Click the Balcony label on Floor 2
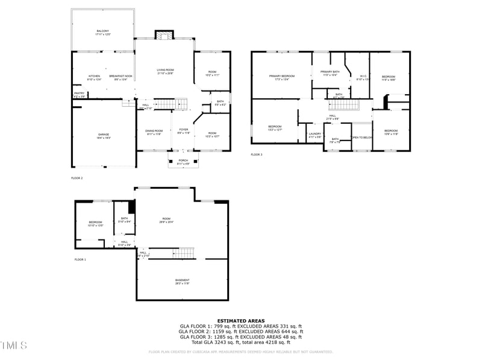point(102,32)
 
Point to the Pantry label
point(79,94)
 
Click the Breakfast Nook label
point(120,76)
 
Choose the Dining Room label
point(154,131)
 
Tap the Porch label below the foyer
point(183,161)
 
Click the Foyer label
point(183,131)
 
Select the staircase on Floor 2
point(164,105)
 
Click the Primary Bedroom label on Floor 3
point(281,77)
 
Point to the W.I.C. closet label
point(362,77)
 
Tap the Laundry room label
point(315,135)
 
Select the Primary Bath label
point(330,72)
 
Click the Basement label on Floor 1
point(182,281)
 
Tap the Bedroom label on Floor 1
point(95,223)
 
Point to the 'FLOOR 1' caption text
point(80,259)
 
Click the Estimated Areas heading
point(240,321)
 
